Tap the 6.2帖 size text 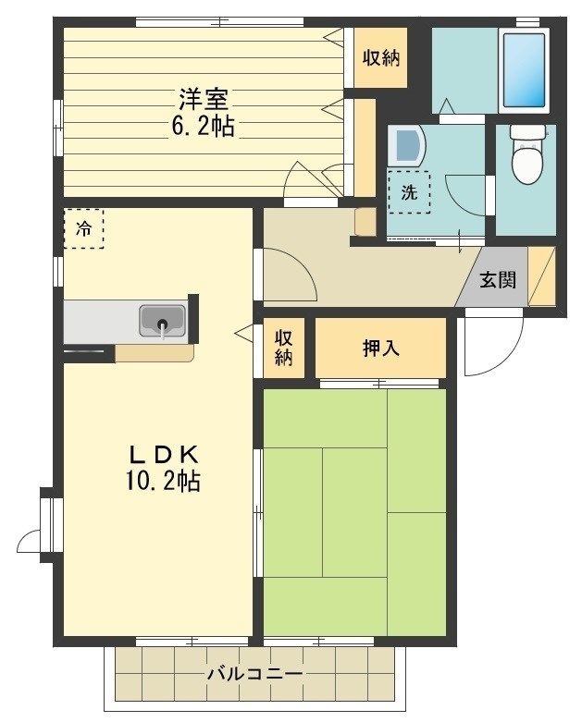(x=204, y=126)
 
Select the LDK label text (x=164, y=455)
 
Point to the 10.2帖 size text (x=162, y=482)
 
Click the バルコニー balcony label (x=254, y=674)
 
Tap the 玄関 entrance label (x=498, y=280)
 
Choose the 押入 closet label (x=380, y=349)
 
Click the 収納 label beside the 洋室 (x=380, y=58)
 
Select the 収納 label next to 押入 (x=284, y=349)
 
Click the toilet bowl (x=527, y=154)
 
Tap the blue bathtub (x=525, y=70)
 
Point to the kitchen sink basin (x=163, y=321)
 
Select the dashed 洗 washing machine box (x=409, y=192)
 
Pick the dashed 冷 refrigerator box (x=84, y=229)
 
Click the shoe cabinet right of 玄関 (x=542, y=276)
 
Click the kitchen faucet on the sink (x=163, y=328)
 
